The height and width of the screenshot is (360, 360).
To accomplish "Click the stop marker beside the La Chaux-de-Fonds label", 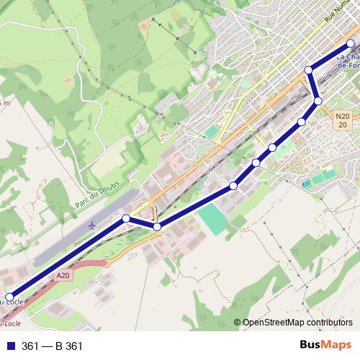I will point(351,43).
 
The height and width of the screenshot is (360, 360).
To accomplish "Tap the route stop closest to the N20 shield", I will point(318,100).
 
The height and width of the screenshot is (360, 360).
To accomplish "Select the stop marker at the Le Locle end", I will point(10,297).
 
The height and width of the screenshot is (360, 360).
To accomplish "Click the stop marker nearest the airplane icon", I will point(126,218).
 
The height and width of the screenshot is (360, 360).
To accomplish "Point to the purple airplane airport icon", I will point(92,226).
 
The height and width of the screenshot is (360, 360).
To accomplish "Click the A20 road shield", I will point(63,274).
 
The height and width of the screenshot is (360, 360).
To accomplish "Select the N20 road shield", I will point(342,116).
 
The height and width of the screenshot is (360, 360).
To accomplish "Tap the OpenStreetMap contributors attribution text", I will point(297,323).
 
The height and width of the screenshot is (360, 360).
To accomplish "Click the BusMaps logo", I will point(325,345).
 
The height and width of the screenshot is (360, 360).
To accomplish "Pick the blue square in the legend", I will point(10,346).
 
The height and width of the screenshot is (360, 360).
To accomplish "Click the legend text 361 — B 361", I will point(53,346).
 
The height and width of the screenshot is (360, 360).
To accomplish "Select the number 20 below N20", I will point(343,125).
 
